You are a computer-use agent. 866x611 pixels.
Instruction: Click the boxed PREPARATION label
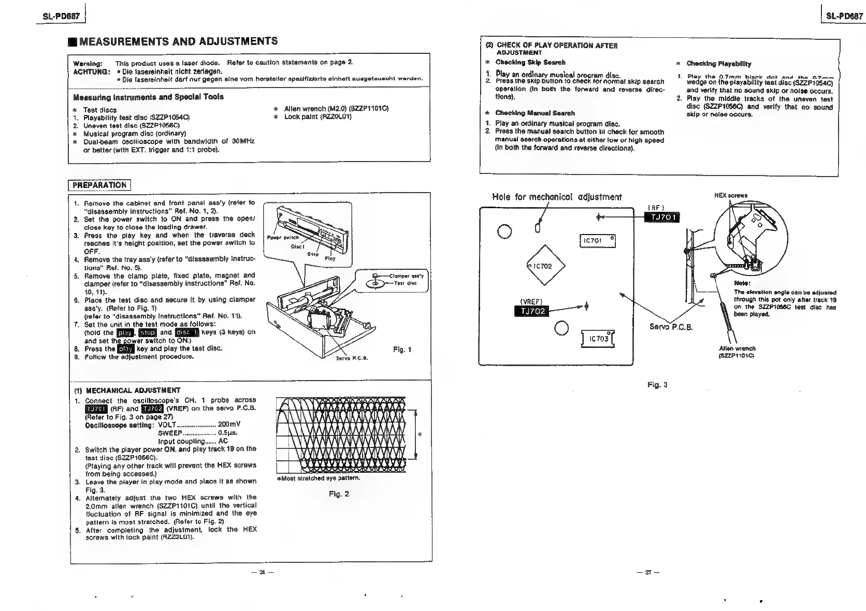[x=99, y=185]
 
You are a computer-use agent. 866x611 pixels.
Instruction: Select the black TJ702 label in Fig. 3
[x=531, y=311]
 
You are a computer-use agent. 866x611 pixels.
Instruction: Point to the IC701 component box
[x=597, y=241]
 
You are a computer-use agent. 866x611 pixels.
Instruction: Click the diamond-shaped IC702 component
[x=546, y=266]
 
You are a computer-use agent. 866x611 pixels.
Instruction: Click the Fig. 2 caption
[x=339, y=494]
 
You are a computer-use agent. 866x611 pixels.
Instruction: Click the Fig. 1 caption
[x=402, y=350]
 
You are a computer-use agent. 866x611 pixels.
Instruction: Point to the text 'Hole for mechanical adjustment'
[x=556, y=197]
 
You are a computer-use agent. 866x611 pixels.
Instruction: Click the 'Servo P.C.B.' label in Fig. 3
[x=671, y=327]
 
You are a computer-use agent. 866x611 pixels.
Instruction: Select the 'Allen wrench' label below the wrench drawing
[x=737, y=348]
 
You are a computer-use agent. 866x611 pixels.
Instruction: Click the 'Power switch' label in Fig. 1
[x=282, y=238]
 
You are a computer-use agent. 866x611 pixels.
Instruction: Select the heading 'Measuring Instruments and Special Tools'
[x=148, y=97]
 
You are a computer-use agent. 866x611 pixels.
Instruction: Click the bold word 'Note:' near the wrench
[x=742, y=283]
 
